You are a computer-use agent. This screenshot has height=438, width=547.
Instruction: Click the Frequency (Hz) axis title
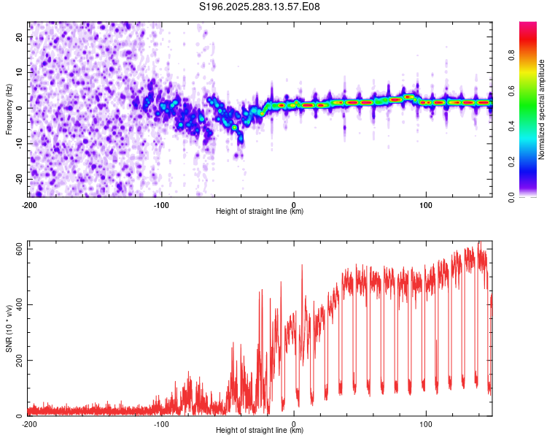coord(8,109)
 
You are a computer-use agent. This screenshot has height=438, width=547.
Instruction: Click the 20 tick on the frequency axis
coord(19,36)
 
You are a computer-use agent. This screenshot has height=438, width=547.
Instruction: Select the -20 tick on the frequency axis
coord(18,179)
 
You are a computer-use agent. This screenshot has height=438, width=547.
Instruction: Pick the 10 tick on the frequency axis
coord(19,72)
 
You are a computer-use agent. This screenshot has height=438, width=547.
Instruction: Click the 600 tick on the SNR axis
coord(16,249)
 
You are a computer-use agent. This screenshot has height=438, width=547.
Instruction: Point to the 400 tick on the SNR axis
coord(16,304)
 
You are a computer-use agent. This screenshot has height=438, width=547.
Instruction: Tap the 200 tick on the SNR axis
coord(16,361)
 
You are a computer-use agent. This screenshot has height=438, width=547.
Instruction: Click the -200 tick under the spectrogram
coord(29,205)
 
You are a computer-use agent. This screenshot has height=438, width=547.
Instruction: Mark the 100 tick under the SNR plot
coord(426,423)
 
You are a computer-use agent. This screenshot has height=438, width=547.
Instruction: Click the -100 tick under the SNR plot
coord(161,423)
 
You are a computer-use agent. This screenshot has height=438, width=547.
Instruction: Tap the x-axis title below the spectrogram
coord(260,212)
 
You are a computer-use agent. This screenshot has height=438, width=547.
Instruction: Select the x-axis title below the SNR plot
coord(260,430)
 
